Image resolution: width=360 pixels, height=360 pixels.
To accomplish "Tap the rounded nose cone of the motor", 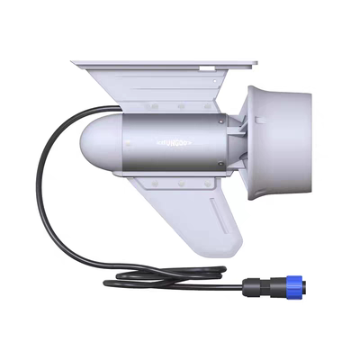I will pos(94,144).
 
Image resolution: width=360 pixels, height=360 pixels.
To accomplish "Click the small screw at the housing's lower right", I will pos(220,164).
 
